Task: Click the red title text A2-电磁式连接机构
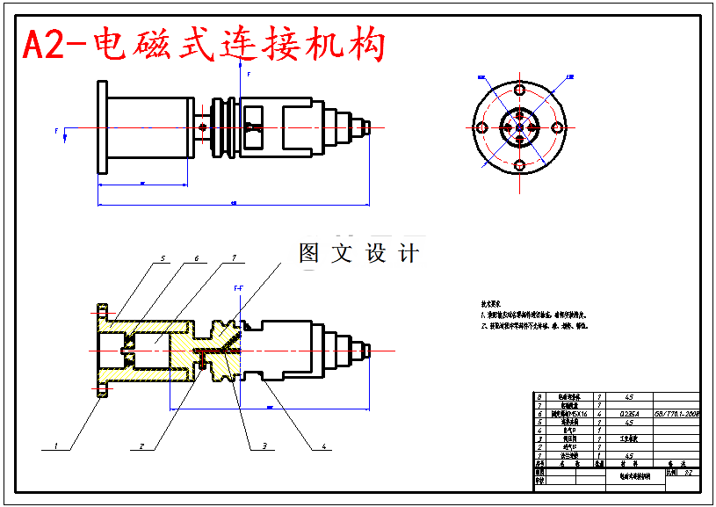click(x=204, y=45)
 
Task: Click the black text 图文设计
click(x=358, y=253)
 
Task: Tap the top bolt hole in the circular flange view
click(x=519, y=91)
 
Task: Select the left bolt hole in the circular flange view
click(x=481, y=127)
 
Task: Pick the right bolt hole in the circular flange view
click(x=557, y=127)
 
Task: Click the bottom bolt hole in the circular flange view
click(x=519, y=165)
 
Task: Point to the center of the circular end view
click(x=519, y=128)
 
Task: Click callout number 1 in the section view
click(x=54, y=445)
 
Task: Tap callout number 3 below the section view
click(x=263, y=445)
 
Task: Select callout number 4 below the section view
click(x=323, y=445)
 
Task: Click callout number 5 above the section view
click(x=163, y=258)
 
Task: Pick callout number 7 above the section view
click(x=234, y=258)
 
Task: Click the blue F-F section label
click(x=238, y=287)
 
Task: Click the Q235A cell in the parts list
click(x=629, y=413)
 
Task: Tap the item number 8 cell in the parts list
click(x=539, y=397)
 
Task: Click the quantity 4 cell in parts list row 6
click(x=599, y=413)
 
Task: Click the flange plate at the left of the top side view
click(x=102, y=127)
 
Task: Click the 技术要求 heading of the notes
click(x=490, y=301)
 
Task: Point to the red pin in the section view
click(x=201, y=360)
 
